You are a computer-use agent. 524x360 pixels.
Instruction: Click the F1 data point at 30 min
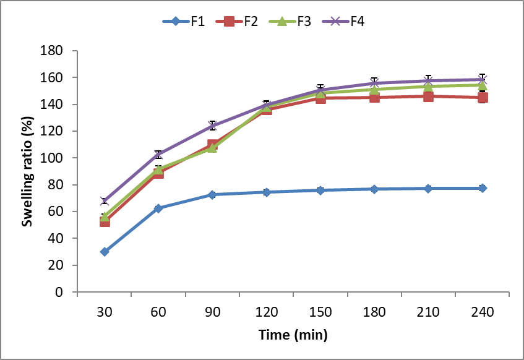[105, 252]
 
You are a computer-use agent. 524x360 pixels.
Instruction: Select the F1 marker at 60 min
[158, 208]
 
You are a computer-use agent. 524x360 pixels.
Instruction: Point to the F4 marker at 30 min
[105, 201]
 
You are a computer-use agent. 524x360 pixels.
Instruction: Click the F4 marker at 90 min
[212, 126]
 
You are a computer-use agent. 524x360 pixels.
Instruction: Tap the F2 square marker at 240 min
[483, 98]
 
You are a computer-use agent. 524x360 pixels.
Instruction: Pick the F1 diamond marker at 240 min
[483, 188]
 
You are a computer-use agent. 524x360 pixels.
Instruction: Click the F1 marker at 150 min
[320, 191]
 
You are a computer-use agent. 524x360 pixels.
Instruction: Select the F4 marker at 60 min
[158, 154]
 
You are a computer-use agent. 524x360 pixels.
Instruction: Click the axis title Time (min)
[293, 336]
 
